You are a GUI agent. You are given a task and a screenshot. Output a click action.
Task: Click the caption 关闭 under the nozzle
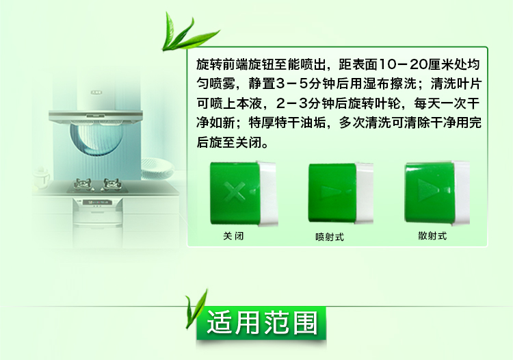(x=233, y=236)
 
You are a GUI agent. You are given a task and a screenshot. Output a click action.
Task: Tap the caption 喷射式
(x=330, y=237)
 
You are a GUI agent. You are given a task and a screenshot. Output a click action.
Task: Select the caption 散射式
(x=432, y=235)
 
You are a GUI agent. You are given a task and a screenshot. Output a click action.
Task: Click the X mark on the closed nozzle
(x=234, y=190)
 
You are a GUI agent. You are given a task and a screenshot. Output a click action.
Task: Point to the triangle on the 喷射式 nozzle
(x=328, y=192)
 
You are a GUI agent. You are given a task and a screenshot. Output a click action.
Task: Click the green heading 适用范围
(x=262, y=323)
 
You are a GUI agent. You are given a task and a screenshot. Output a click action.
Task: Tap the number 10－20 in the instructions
(x=402, y=64)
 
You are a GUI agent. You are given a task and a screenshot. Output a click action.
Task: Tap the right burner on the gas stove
(x=112, y=184)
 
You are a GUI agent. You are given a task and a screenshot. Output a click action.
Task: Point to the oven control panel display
(x=98, y=203)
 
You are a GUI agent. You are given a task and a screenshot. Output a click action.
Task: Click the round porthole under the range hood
(x=96, y=138)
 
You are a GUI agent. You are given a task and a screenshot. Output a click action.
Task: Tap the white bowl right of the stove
(x=157, y=168)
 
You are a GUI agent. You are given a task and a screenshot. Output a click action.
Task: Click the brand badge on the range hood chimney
(x=96, y=92)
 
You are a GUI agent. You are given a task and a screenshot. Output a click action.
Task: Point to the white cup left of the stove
(x=41, y=179)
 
